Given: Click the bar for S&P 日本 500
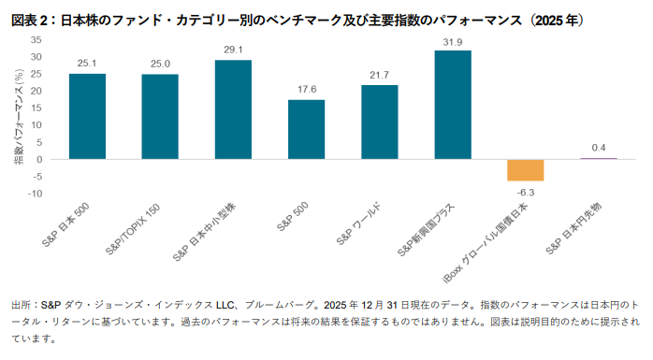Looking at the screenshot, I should point(86,116).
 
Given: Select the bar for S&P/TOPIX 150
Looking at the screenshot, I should point(159,116).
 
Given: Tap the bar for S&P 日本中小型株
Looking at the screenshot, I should point(233,109).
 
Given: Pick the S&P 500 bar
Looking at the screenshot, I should point(306,129).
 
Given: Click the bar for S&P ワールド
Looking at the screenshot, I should point(379,122).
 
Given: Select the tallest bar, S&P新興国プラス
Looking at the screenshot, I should point(452,105).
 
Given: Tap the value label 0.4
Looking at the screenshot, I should point(599,148).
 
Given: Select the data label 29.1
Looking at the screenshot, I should point(233,50).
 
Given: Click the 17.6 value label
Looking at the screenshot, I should point(306,90).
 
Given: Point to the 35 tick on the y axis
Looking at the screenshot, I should point(36,40).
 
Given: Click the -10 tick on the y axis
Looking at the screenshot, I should point(34,194).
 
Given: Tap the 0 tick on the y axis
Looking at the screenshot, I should point(38,159).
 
